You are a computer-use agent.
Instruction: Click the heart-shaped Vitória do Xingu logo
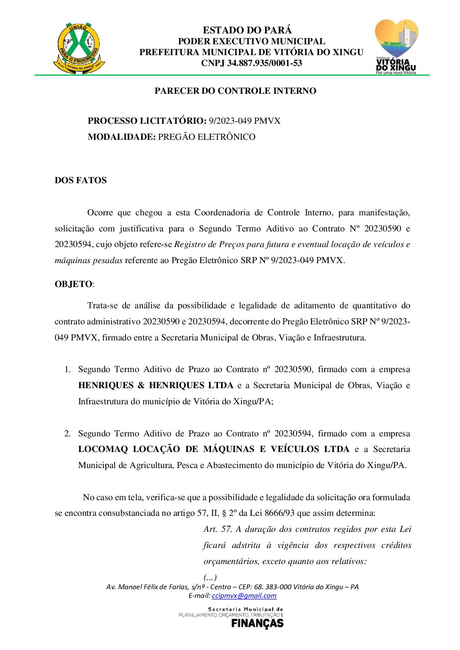pyautogui.click(x=396, y=46)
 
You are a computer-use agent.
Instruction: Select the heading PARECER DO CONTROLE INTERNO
pyautogui.click(x=235, y=91)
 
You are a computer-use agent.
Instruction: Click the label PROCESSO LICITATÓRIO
pyautogui.click(x=147, y=121)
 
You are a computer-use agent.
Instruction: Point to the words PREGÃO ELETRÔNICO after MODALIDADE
pyautogui.click(x=207, y=137)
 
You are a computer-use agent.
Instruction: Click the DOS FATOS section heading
pyautogui.click(x=81, y=180)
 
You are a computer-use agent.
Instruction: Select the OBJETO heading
pyautogui.click(x=73, y=284)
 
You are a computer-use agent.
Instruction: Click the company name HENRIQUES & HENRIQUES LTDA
pyautogui.click(x=156, y=385)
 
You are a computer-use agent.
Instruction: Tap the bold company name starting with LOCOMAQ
pyautogui.click(x=214, y=449)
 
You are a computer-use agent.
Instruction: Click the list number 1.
pyautogui.click(x=67, y=370)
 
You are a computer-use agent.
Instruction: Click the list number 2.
pyautogui.click(x=67, y=433)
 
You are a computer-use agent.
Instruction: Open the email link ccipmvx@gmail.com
pyautogui.click(x=244, y=596)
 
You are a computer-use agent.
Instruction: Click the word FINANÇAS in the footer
pyautogui.click(x=257, y=623)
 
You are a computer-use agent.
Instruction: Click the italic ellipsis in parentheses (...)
pyautogui.click(x=210, y=577)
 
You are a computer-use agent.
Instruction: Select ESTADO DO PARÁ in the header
pyautogui.click(x=247, y=30)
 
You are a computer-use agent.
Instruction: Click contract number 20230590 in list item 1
pyautogui.click(x=293, y=370)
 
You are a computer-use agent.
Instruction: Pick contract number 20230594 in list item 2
pyautogui.click(x=293, y=433)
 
